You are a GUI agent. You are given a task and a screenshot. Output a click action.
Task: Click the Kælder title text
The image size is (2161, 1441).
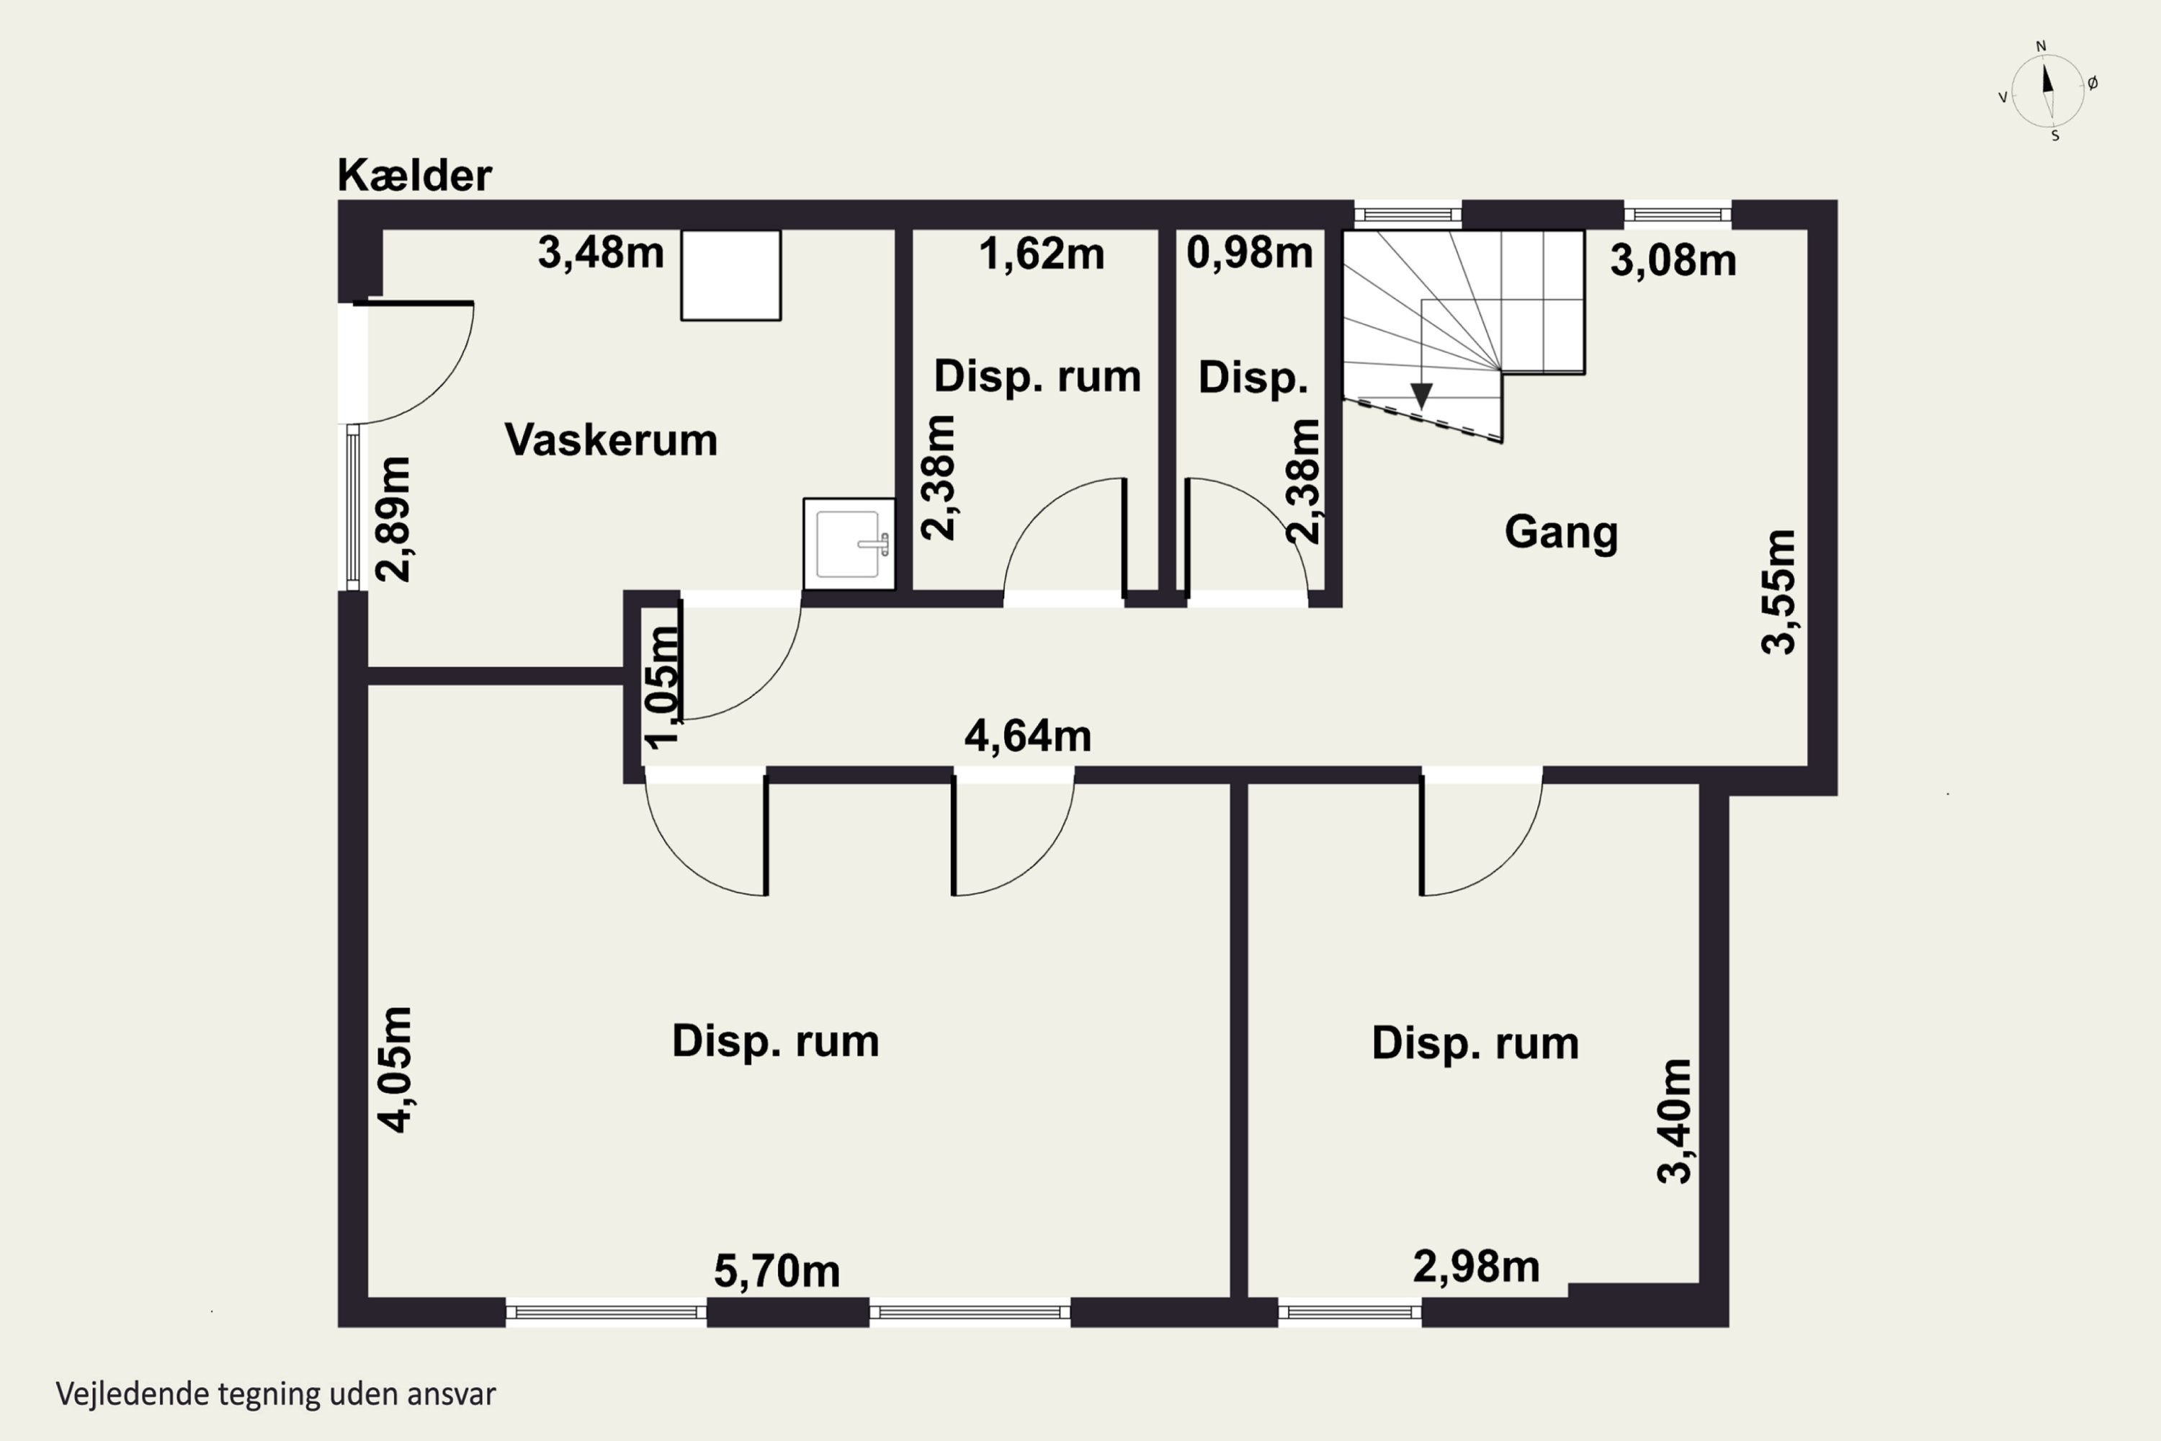tap(414, 174)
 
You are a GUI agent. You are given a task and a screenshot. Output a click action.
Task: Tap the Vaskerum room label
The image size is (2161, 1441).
tap(611, 440)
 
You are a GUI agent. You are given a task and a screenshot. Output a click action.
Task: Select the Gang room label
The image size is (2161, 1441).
tap(1561, 533)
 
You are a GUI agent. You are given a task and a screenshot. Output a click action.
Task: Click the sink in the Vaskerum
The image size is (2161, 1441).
tap(849, 543)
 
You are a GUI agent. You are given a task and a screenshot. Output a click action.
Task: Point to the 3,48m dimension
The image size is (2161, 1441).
tap(601, 253)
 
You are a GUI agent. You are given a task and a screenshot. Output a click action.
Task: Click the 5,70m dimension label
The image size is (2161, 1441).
tap(777, 1272)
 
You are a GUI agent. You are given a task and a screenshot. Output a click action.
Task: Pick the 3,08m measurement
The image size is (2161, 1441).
tap(1673, 261)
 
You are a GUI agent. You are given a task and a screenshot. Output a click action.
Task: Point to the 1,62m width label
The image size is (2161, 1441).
tap(1042, 254)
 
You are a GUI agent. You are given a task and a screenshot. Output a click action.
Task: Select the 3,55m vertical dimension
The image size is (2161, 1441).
tap(1779, 592)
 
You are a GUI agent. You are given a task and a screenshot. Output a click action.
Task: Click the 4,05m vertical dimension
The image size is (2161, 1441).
tap(396, 1070)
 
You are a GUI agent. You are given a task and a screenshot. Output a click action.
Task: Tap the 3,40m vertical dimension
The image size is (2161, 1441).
tap(1674, 1121)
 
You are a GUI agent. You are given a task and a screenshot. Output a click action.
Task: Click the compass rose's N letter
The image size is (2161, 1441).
tap(2041, 46)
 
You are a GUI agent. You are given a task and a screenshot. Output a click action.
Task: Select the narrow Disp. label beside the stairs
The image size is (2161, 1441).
tap(1253, 378)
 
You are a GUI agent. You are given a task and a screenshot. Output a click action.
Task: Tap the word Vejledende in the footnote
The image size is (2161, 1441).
tap(133, 1394)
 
